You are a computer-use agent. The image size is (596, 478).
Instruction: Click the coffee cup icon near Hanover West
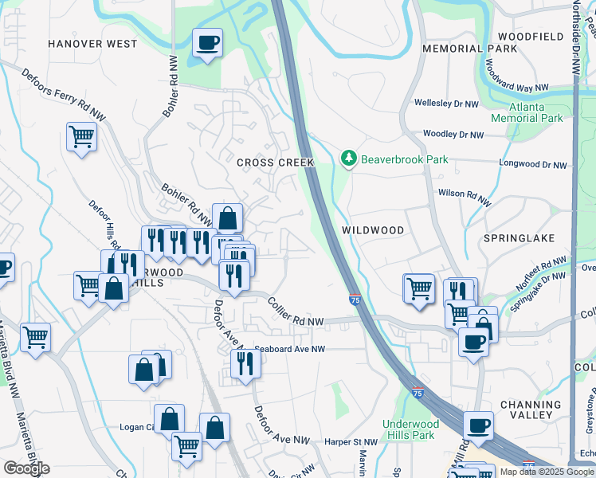click(x=207, y=43)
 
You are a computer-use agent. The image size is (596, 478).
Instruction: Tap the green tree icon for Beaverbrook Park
click(x=348, y=159)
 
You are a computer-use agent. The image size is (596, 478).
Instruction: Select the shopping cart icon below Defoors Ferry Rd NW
click(x=81, y=137)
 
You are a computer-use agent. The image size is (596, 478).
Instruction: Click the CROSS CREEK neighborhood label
click(x=276, y=163)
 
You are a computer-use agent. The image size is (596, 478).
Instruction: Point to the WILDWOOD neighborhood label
click(x=373, y=229)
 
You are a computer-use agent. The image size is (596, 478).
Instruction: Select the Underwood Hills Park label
click(x=409, y=429)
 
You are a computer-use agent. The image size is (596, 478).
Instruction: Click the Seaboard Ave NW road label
click(x=292, y=349)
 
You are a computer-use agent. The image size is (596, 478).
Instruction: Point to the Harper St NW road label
click(x=351, y=441)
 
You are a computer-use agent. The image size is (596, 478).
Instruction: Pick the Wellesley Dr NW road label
click(x=446, y=104)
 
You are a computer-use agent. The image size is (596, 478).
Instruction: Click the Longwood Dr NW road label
click(x=533, y=165)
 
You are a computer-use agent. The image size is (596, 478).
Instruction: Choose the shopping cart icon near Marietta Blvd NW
click(x=35, y=337)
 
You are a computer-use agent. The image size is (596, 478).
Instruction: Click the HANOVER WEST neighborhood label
click(x=92, y=44)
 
